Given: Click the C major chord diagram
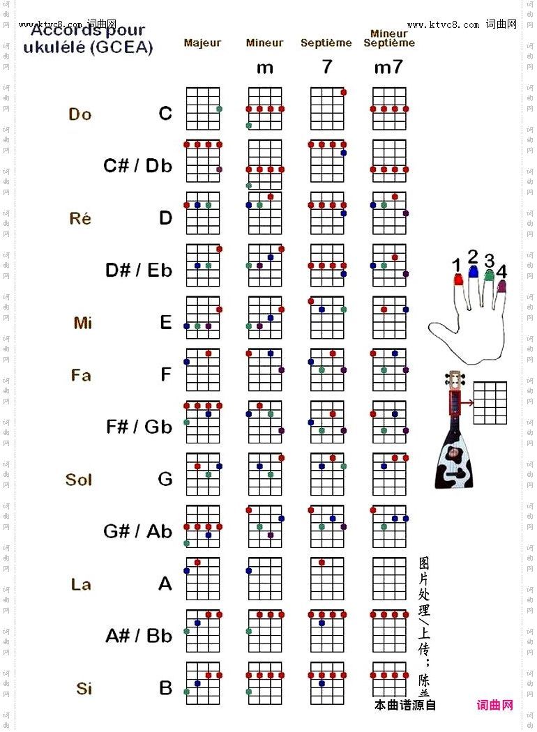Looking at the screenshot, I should pyautogui.click(x=203, y=109).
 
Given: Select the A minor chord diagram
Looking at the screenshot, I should pyautogui.click(x=265, y=579).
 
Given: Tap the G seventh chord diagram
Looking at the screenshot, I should pyautogui.click(x=327, y=474).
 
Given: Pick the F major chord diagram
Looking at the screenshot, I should pyautogui.click(x=203, y=369).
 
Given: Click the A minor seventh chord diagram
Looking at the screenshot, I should pyautogui.click(x=389, y=579).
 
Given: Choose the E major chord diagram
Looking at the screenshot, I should pyautogui.click(x=203, y=317).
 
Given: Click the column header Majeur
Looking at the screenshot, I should pyautogui.click(x=202, y=43).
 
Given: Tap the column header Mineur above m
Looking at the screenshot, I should pyautogui.click(x=264, y=43).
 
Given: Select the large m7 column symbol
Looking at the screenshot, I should pyautogui.click(x=388, y=68).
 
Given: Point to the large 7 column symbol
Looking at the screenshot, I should pyautogui.click(x=327, y=68).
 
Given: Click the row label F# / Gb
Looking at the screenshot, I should pyautogui.click(x=139, y=427).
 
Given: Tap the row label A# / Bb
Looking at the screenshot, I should pyautogui.click(x=139, y=636).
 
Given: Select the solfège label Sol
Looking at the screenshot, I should pyautogui.click(x=79, y=480).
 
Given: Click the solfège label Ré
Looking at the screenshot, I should pyautogui.click(x=80, y=218).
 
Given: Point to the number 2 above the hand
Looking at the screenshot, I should pyautogui.click(x=473, y=257).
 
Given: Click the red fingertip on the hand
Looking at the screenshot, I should pyautogui.click(x=458, y=280).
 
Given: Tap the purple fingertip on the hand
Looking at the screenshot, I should pyautogui.click(x=502, y=286).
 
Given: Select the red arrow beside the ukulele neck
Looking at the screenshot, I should pyautogui.click(x=467, y=402).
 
